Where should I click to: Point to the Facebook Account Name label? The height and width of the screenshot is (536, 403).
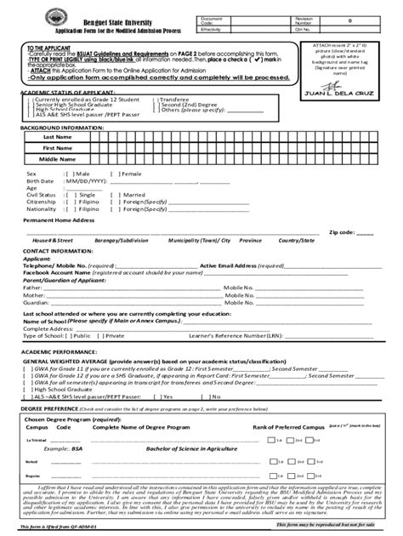65,272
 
